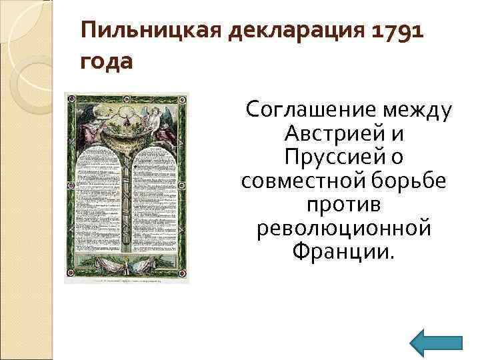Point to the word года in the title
pos(107,61)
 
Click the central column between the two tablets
pos(127,200)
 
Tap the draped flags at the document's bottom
pos(127,263)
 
